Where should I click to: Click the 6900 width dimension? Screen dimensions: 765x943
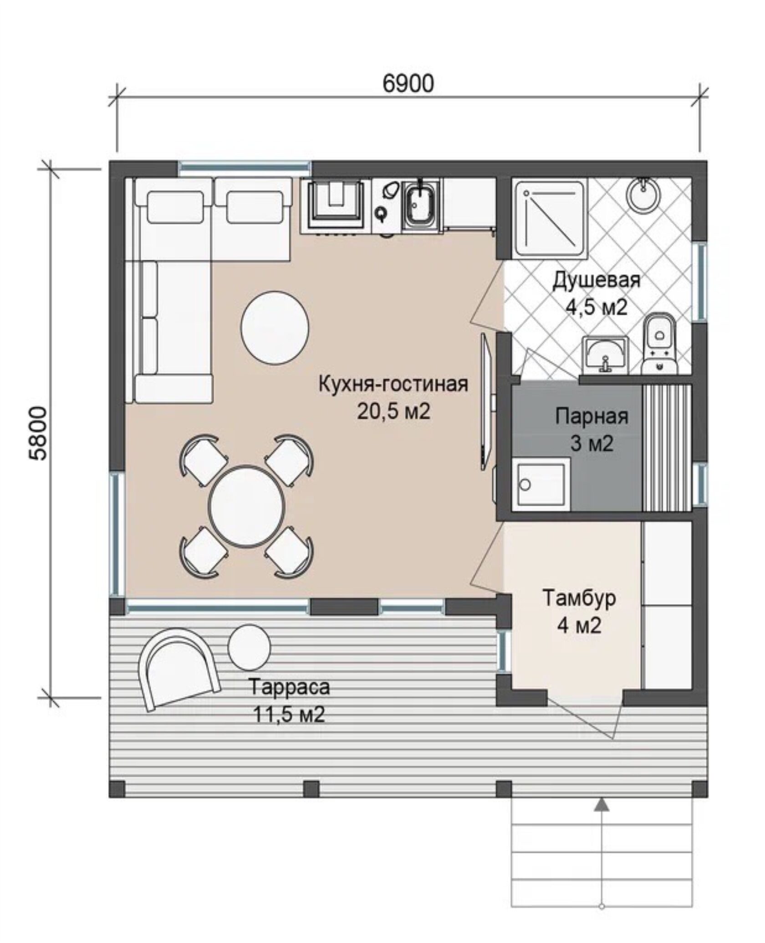pos(408,83)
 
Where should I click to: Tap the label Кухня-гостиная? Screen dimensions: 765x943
pos(393,384)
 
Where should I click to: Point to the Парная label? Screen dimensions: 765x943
pos(592,416)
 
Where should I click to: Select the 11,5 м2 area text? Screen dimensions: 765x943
pos(289,714)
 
